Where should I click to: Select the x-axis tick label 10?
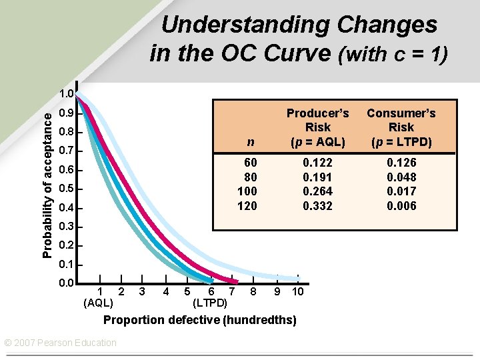298,291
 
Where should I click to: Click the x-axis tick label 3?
142,291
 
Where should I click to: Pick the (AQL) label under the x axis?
98,303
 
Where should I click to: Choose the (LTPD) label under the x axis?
209,303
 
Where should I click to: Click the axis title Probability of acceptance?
47,185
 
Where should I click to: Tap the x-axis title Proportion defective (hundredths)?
199,320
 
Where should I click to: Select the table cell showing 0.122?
317,163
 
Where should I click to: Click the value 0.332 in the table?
317,206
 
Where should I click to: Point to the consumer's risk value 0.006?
401,206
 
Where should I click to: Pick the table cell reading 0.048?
401,177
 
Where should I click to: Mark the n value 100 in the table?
247,191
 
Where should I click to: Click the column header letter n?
250,141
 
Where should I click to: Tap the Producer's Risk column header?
317,127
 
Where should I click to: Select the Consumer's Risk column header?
401,127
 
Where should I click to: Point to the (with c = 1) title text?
393,53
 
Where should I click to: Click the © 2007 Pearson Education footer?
60,343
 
